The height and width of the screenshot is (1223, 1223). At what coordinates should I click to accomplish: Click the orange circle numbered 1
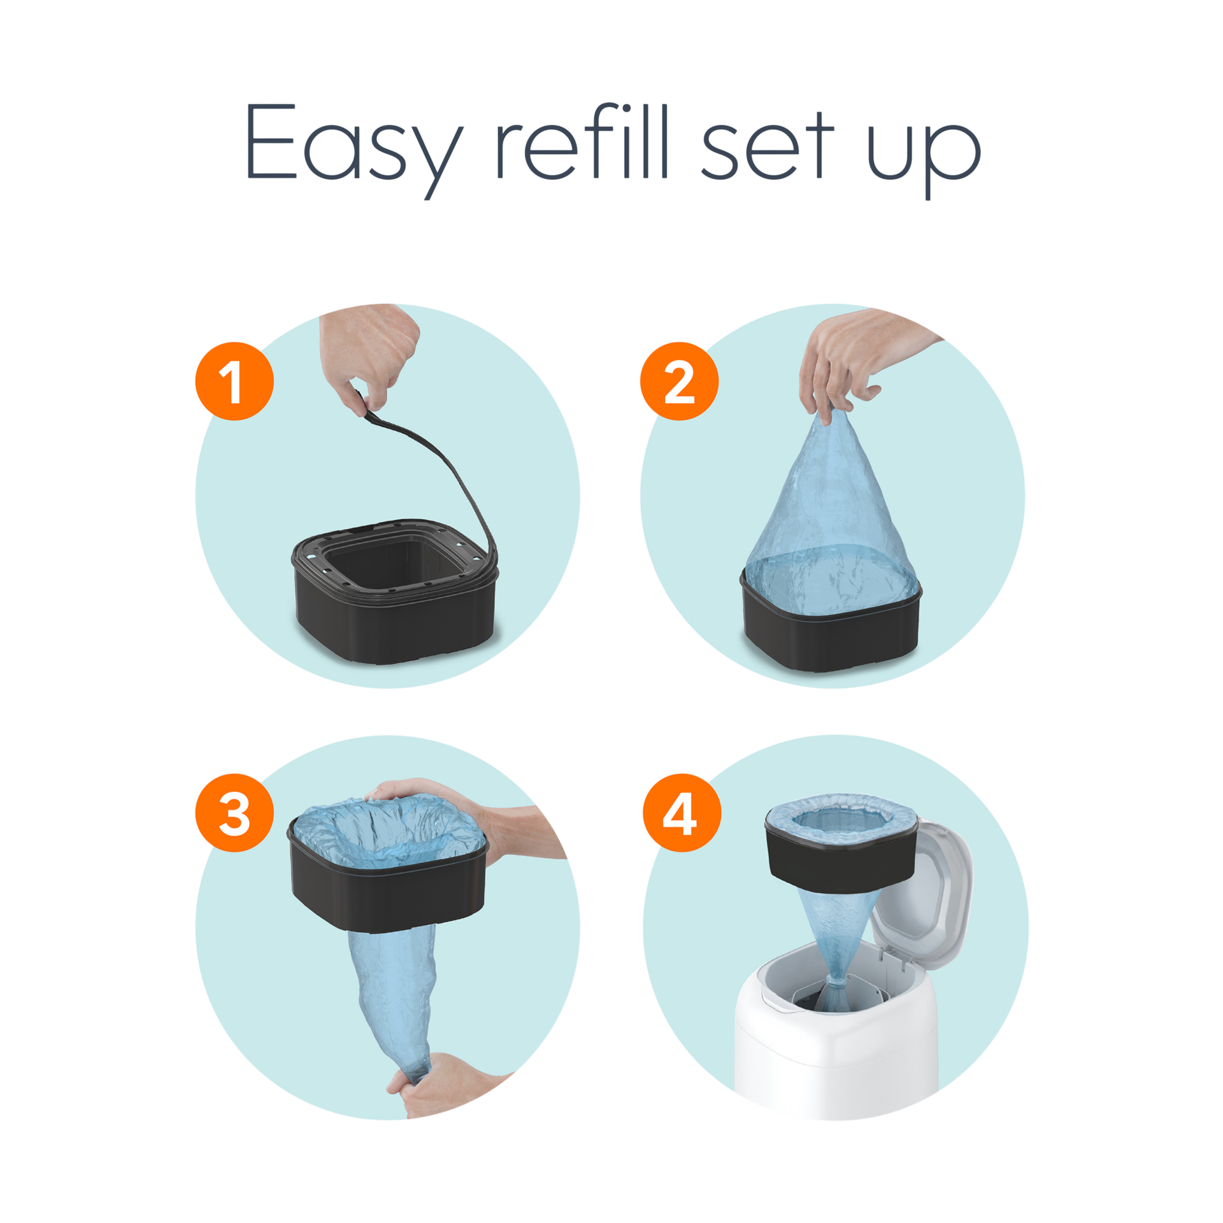coord(234,381)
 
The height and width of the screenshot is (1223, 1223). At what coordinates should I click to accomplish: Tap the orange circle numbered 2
coord(679,381)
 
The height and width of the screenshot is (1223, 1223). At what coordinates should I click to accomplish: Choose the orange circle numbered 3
coord(234,813)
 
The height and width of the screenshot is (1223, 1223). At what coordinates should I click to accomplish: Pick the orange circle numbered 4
coord(681,813)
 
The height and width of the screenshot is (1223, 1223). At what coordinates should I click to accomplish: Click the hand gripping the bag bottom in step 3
coord(446,1083)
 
